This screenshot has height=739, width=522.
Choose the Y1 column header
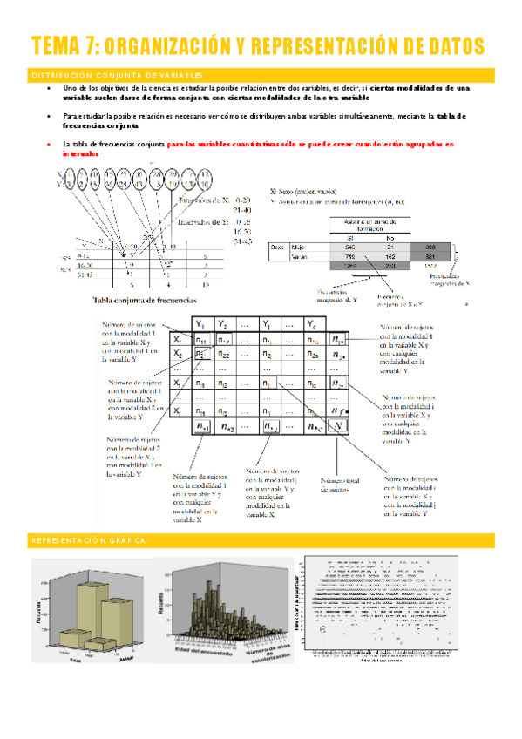(201, 323)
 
